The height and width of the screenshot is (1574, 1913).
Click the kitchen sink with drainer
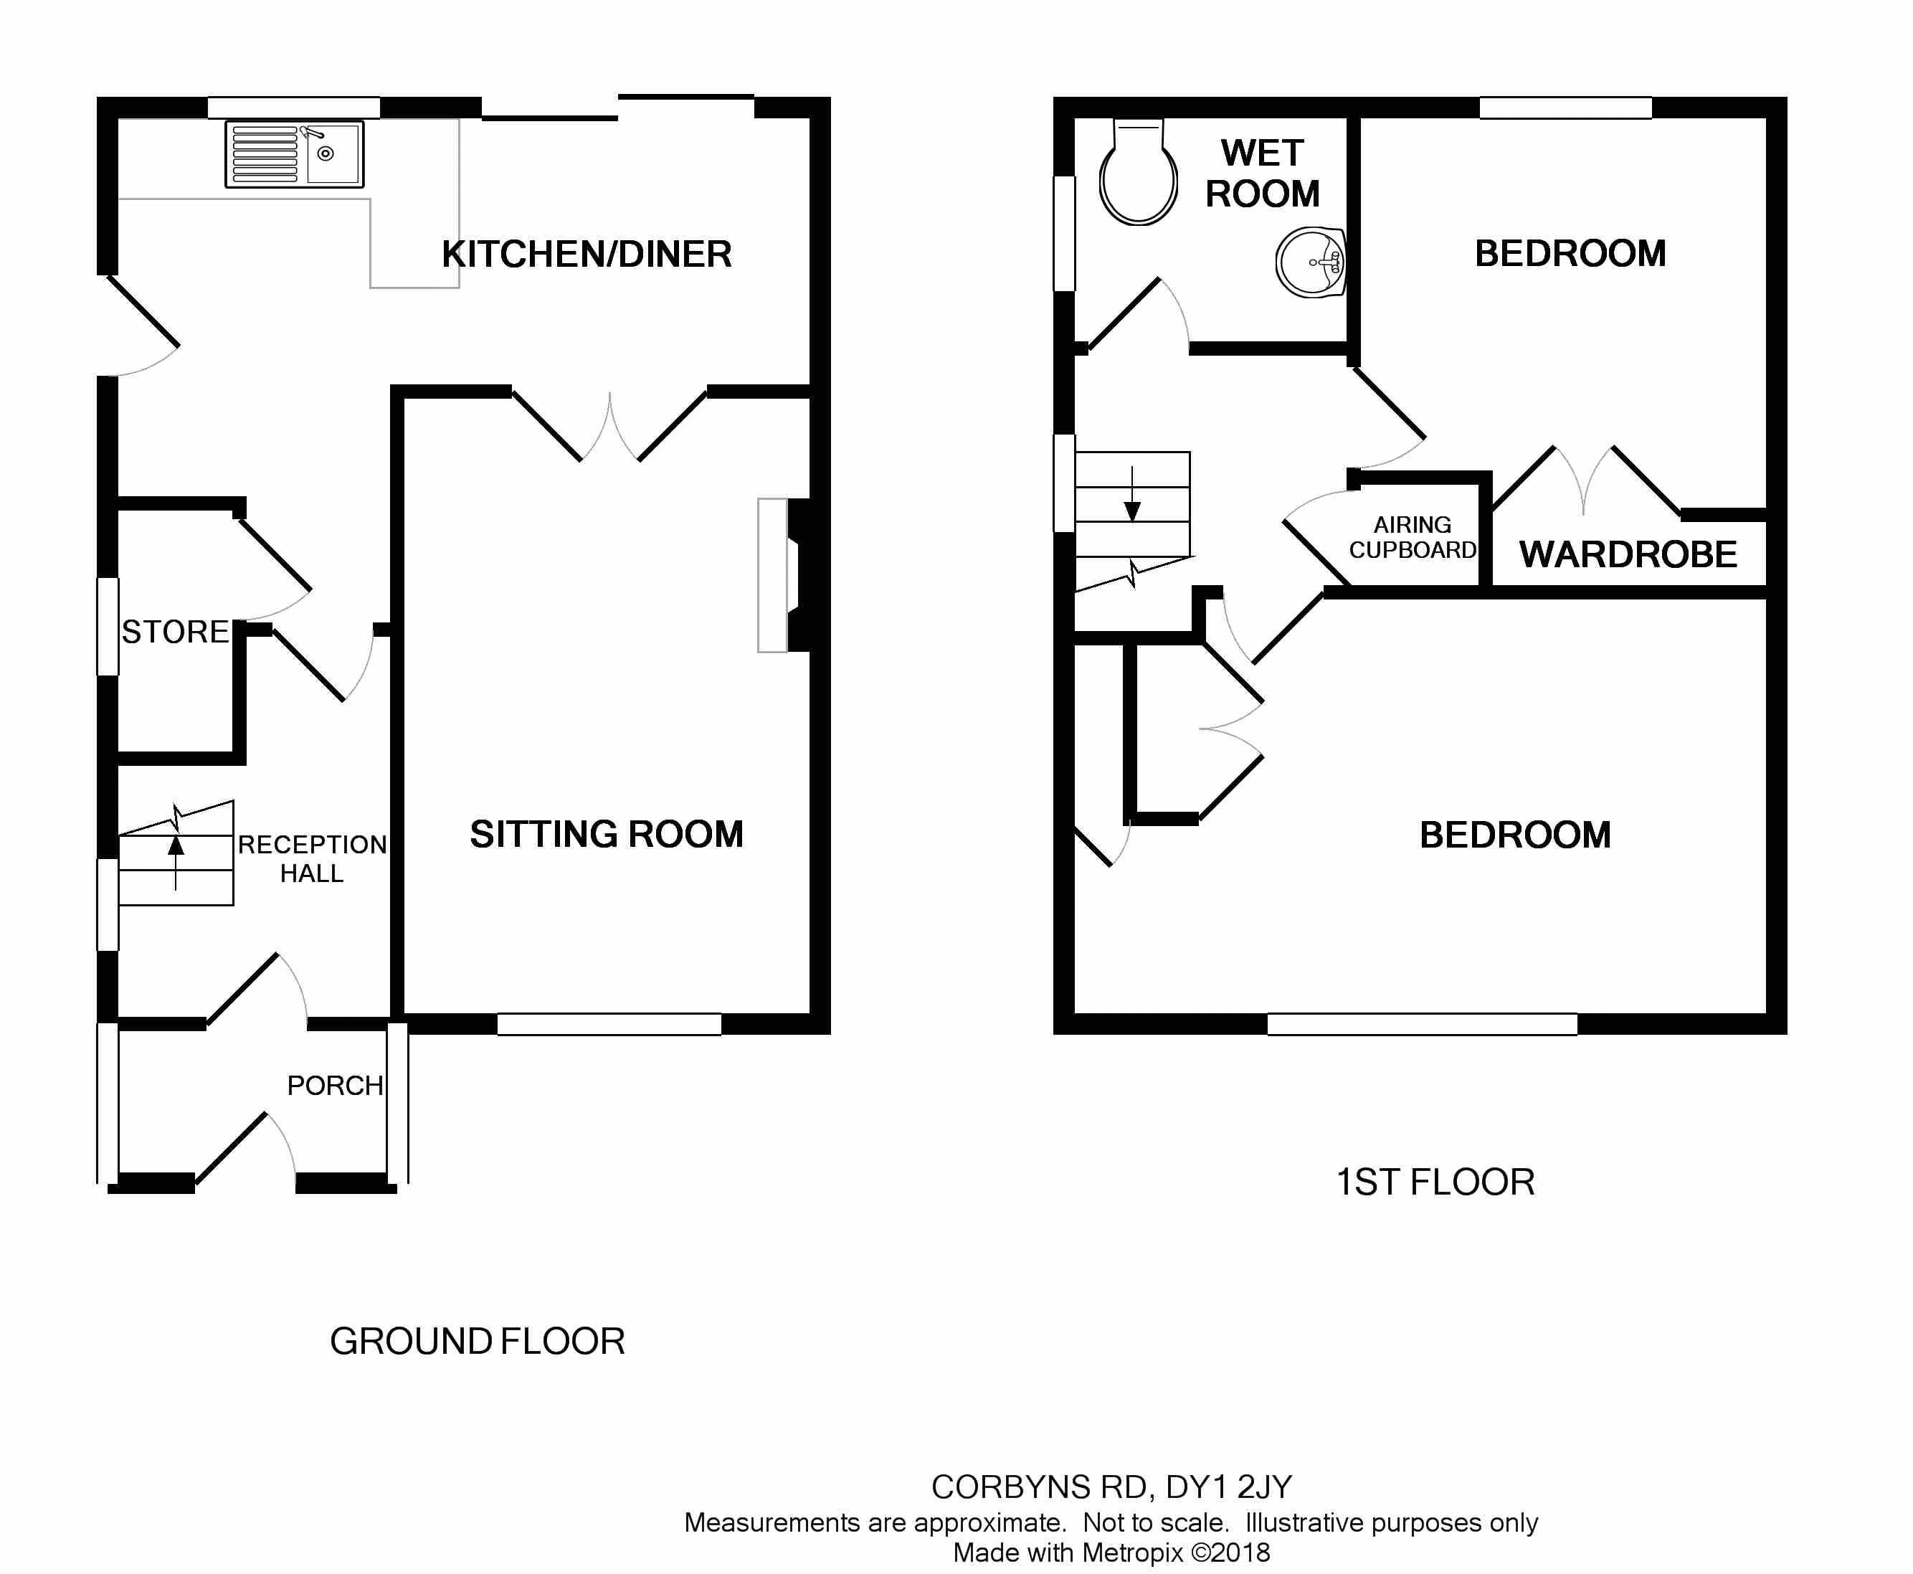pyautogui.click(x=294, y=155)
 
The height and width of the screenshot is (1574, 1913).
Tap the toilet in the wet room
pyautogui.click(x=1138, y=178)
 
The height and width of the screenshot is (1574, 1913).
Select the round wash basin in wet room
pyautogui.click(x=1311, y=262)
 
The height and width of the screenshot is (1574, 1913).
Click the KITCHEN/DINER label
pyautogui.click(x=587, y=254)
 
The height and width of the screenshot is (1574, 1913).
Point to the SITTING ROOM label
pyautogui.click(x=607, y=834)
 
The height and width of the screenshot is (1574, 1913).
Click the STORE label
pyautogui.click(x=175, y=632)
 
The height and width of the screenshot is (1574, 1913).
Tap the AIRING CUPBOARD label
pyautogui.click(x=1412, y=538)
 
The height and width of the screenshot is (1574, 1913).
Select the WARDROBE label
pyautogui.click(x=1628, y=554)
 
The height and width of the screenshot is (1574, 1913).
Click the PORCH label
pyautogui.click(x=335, y=1085)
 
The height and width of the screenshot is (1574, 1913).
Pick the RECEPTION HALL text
pyautogui.click(x=312, y=858)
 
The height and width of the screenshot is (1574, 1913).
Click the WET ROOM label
pyautogui.click(x=1262, y=174)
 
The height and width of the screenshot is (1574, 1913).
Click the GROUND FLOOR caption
pyautogui.click(x=477, y=1341)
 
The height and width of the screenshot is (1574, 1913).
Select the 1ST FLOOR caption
pyautogui.click(x=1435, y=1182)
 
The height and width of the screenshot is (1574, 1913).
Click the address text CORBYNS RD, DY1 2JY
pyautogui.click(x=1111, y=1487)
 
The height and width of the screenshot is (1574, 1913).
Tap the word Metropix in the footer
pyautogui.click(x=1132, y=1552)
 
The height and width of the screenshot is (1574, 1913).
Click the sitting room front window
pyautogui.click(x=609, y=1025)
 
